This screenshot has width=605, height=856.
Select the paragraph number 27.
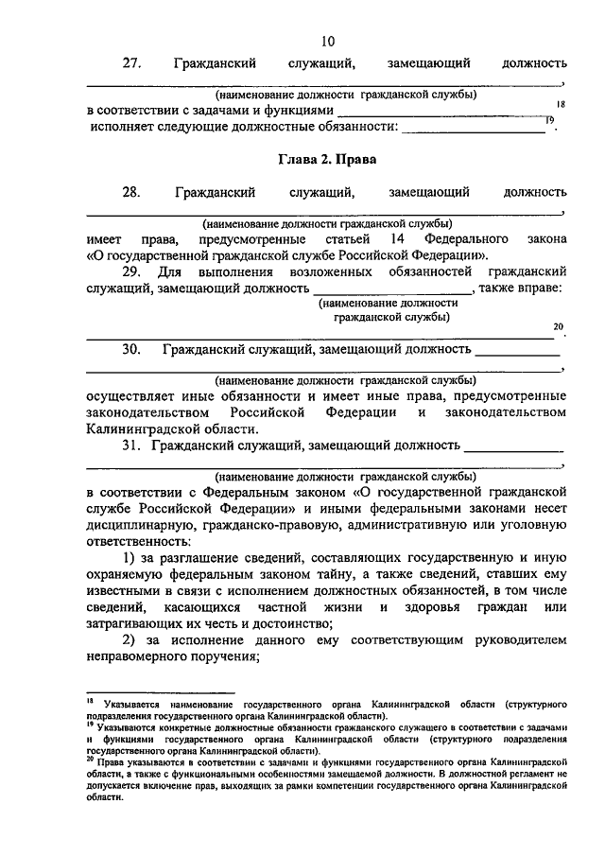point(132,63)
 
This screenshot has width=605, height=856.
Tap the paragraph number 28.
point(132,193)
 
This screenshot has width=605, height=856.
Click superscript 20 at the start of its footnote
point(90,757)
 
